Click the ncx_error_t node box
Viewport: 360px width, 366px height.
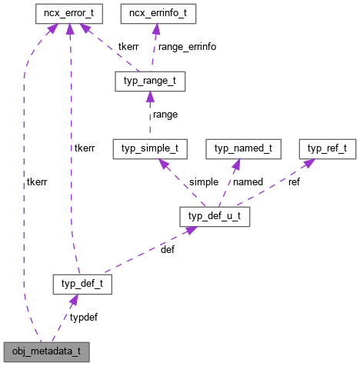click(69, 13)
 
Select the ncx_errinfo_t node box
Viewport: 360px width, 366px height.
click(157, 13)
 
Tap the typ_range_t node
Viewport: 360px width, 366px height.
click(149, 80)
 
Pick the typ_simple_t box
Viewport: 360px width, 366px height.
click(150, 146)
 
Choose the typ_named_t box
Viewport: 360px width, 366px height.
click(244, 146)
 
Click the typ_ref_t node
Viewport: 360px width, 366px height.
click(327, 146)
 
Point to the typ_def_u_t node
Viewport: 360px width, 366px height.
click(214, 216)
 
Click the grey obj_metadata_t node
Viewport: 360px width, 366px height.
click(46, 353)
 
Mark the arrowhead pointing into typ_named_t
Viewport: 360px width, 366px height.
click(237, 162)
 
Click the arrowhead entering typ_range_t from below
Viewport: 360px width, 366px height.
click(149, 96)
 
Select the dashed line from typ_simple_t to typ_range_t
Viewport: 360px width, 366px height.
click(149, 119)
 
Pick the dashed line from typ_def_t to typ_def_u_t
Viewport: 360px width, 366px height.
click(146, 251)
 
